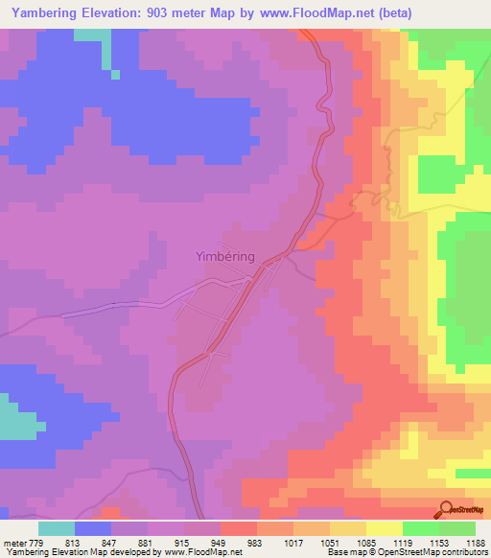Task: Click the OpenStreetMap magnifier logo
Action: [x=447, y=509]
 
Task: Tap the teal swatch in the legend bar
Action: [x=57, y=528]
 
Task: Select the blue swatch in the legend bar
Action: [x=93, y=528]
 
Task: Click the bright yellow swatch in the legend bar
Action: [x=385, y=528]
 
